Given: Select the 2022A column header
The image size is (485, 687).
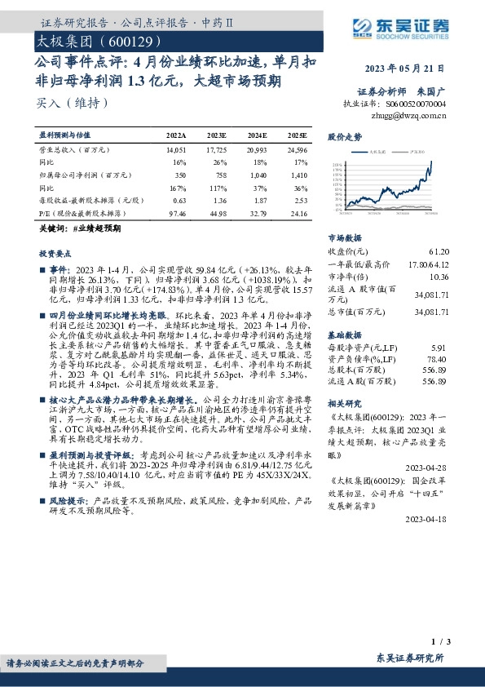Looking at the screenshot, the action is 176,135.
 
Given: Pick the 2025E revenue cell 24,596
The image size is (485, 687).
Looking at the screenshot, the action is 296,150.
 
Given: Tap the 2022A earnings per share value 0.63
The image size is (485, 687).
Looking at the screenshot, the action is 180,200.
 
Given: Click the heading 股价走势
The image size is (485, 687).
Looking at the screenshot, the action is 343,137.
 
